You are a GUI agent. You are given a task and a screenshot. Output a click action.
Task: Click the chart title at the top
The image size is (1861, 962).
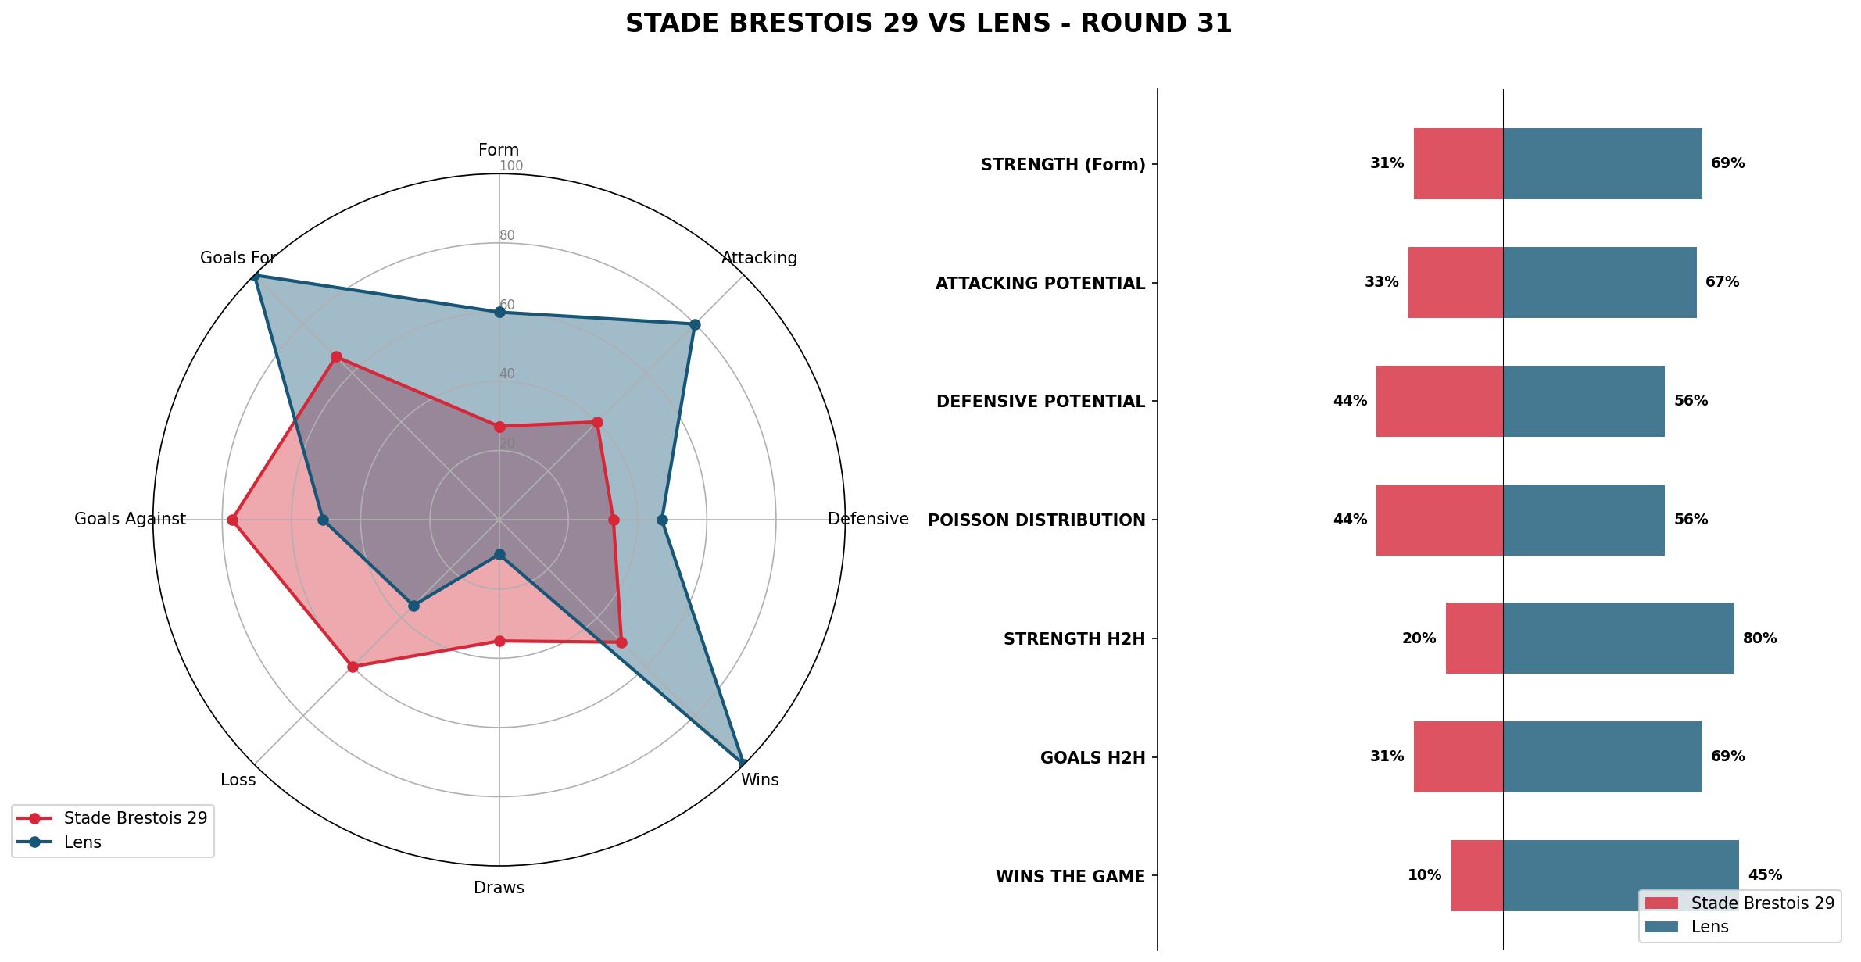[x=929, y=24]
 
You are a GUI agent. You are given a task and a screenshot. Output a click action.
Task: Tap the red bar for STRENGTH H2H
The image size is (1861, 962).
[x=1474, y=638]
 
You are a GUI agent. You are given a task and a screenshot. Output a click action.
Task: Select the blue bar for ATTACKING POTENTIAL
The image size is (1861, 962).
[x=1599, y=282]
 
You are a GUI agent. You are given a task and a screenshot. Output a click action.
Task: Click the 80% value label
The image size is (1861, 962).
[x=1759, y=638]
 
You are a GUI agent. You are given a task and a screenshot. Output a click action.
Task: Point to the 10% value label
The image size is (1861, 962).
[x=1424, y=875]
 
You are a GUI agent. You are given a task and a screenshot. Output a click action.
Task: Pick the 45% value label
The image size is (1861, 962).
[x=1765, y=875]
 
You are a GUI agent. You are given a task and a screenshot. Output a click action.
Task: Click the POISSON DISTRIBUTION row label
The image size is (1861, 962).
[x=1036, y=520]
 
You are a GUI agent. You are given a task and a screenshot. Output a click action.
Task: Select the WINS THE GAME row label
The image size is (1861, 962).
[x=1070, y=877]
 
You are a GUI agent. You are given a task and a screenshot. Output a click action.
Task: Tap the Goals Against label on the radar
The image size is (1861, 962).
[x=130, y=519]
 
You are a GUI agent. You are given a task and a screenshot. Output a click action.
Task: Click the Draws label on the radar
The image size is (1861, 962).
[x=499, y=888]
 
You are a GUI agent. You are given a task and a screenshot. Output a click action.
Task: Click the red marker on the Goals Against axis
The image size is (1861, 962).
[x=232, y=520]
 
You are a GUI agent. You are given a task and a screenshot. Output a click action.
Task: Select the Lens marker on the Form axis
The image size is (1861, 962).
[x=499, y=313]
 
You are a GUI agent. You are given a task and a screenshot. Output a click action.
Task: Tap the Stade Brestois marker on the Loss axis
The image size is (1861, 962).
[x=353, y=667]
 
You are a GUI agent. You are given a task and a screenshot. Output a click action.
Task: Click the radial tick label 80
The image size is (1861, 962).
[x=507, y=235]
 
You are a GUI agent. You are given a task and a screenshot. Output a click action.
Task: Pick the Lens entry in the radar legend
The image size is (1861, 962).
[x=82, y=842]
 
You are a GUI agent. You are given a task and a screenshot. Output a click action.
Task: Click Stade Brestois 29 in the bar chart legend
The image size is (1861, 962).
[x=1763, y=903]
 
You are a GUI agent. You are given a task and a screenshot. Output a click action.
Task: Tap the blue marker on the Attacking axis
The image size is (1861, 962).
[x=694, y=324]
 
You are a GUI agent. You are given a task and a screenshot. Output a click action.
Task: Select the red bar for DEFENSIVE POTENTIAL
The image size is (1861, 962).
[x=1439, y=401]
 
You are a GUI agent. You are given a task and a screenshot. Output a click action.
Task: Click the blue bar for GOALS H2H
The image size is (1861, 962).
[x=1602, y=756]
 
